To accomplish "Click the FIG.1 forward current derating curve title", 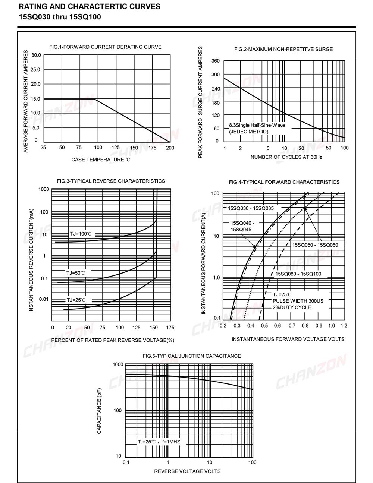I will click(x=105, y=47).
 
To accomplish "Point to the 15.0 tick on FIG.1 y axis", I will click(x=35, y=99).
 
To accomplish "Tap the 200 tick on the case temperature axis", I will click(x=170, y=148).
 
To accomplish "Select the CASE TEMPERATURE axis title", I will click(x=101, y=160).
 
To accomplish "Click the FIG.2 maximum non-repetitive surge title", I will click(x=283, y=49).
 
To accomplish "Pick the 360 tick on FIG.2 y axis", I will click(x=216, y=61).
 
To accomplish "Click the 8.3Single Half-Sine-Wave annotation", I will click(x=257, y=125).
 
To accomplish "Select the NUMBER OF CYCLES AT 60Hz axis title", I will click(x=286, y=157).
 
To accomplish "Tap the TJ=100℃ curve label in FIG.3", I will click(x=81, y=234).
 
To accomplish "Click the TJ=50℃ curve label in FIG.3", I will click(x=76, y=273).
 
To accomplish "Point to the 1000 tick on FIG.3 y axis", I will click(x=44, y=189).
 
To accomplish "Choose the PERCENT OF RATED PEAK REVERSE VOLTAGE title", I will click(x=113, y=340).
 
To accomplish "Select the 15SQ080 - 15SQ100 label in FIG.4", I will click(x=298, y=274).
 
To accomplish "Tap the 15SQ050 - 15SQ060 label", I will click(x=315, y=245).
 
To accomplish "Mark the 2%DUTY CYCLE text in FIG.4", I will click(x=292, y=307).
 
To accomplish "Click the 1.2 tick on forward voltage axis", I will click(x=344, y=326).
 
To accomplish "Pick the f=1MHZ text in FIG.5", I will click(x=171, y=442).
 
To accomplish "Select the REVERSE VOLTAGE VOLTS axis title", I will click(x=187, y=471).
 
